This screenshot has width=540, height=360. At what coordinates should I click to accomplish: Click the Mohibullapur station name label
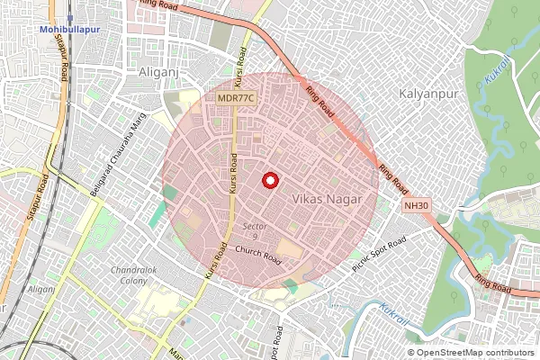click(68, 30)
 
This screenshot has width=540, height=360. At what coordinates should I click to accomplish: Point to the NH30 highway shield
click(415, 206)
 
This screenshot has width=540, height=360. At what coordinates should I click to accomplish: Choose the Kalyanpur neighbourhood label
click(429, 94)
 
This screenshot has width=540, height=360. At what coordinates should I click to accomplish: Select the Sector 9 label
click(253, 231)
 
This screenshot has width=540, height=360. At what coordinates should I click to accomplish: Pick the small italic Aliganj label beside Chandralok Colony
click(41, 289)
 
